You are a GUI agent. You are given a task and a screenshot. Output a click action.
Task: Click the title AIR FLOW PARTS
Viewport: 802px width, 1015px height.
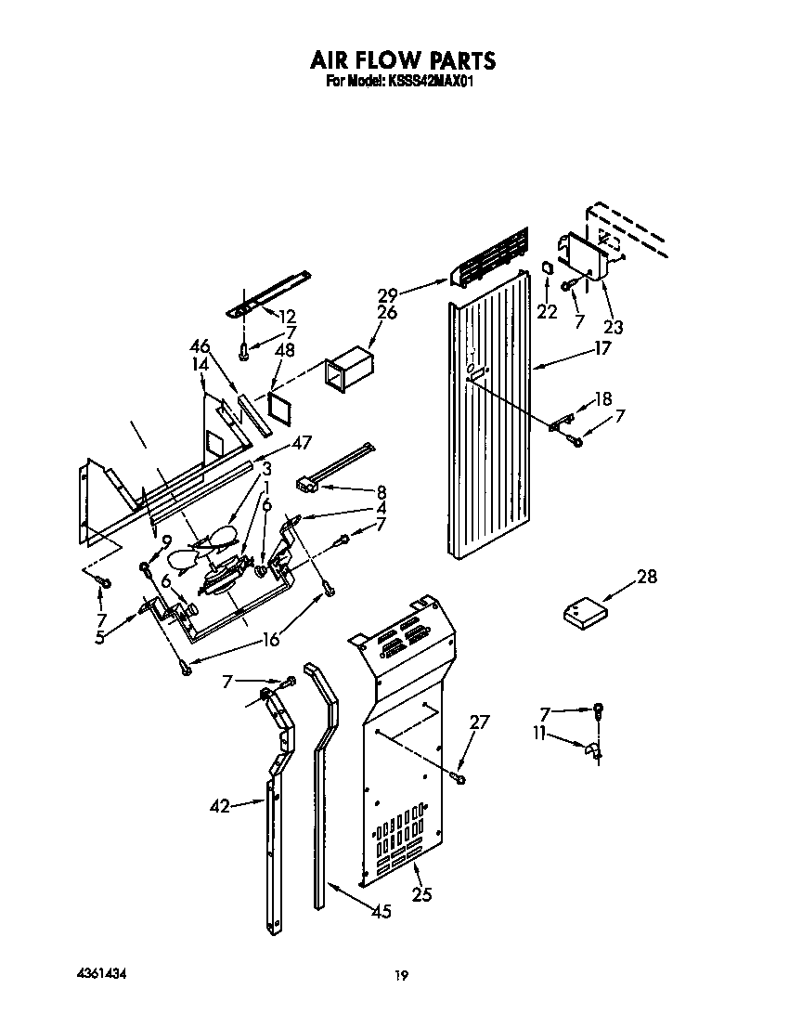(403, 61)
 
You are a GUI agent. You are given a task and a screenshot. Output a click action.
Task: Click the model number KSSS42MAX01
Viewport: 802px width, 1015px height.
(430, 82)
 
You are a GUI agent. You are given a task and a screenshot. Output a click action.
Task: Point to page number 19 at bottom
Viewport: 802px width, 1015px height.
(400, 975)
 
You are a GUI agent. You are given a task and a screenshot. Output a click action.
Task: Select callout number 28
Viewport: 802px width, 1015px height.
(646, 577)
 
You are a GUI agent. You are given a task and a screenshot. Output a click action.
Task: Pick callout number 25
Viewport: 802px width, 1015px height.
(421, 895)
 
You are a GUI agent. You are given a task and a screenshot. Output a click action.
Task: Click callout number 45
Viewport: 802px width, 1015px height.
(380, 912)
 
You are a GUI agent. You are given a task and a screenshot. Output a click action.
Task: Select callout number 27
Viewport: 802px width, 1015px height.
(478, 722)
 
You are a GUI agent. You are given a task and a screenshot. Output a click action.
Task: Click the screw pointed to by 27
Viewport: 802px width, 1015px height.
(459, 776)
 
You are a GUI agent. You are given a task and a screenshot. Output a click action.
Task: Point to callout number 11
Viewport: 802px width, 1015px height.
(539, 735)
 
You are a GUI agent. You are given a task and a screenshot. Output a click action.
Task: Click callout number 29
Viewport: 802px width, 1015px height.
(387, 294)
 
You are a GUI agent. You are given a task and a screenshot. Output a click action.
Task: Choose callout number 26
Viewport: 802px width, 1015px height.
(387, 313)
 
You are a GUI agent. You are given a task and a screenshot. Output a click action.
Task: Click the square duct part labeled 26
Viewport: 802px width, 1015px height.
(346, 369)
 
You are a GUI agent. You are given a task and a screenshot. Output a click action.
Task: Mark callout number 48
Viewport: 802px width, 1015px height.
(286, 351)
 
